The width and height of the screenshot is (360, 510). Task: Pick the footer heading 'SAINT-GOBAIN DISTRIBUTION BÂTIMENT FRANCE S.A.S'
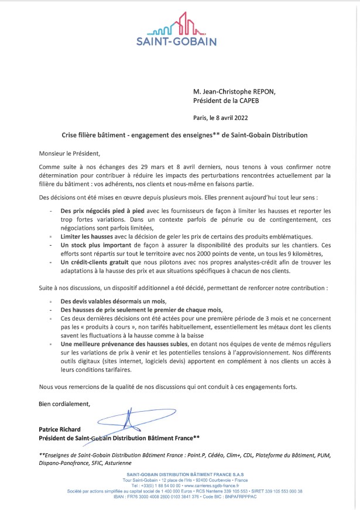tap(180, 473)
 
